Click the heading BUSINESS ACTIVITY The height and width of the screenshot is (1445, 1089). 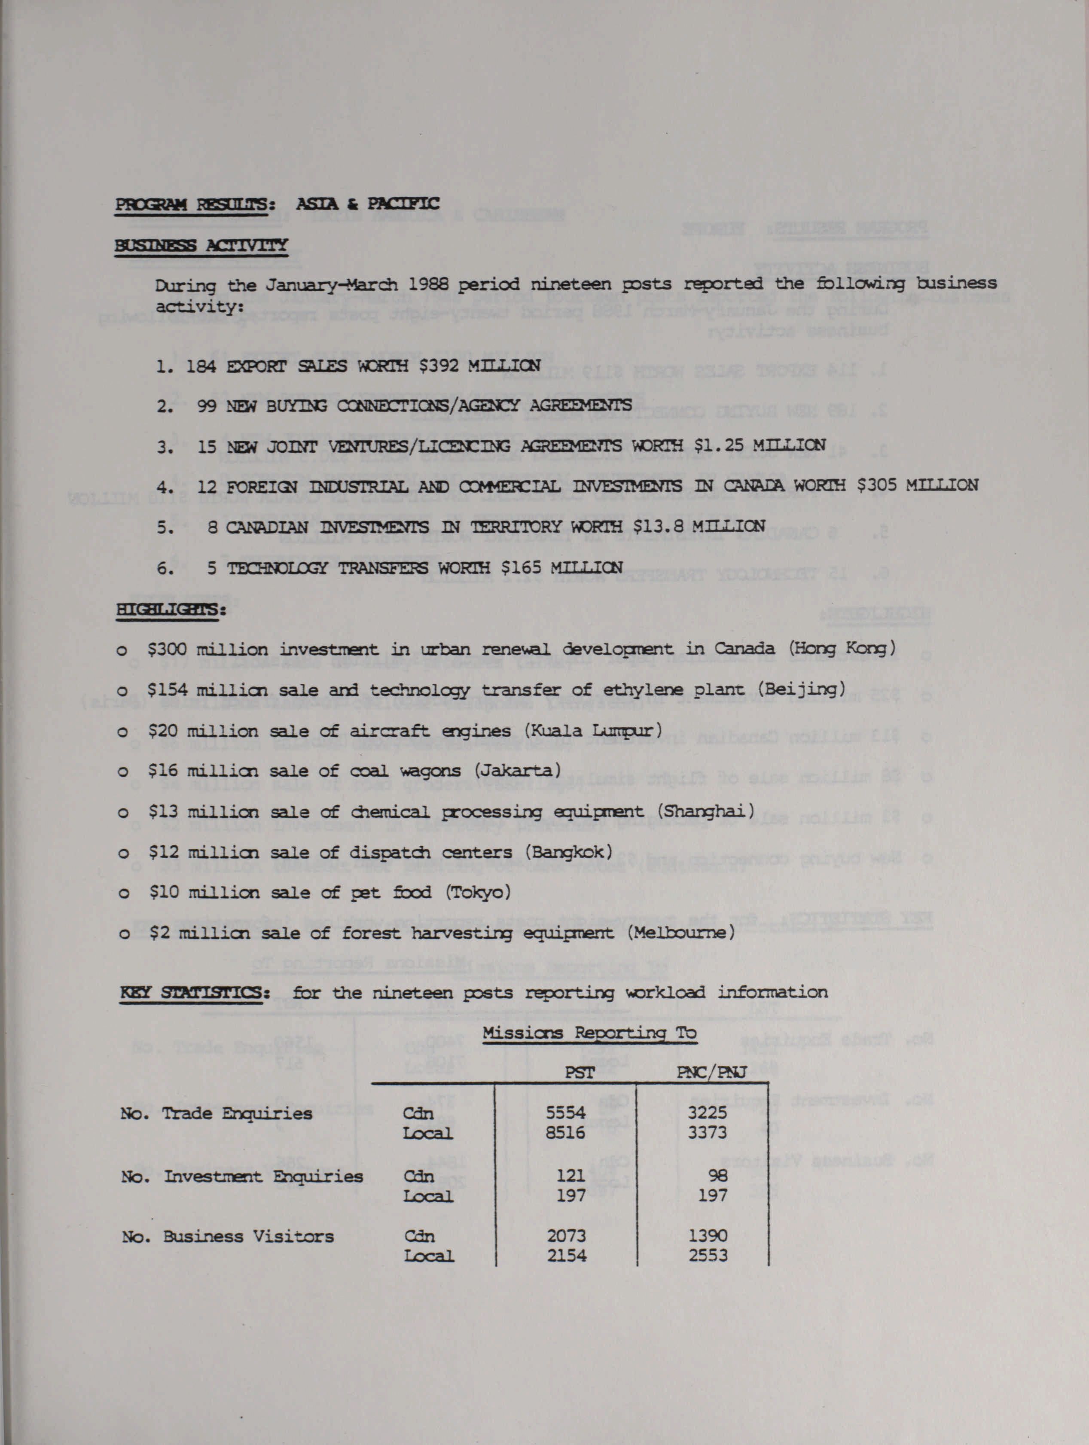pyautogui.click(x=201, y=246)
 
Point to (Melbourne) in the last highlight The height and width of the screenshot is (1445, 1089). pyautogui.click(x=681, y=933)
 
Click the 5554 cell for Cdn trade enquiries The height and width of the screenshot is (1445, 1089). pyautogui.click(x=566, y=1113)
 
